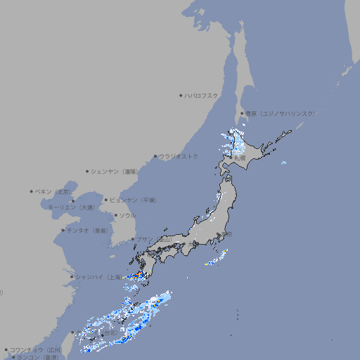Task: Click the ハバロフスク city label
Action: coord(202,96)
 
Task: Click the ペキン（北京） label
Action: coord(53,191)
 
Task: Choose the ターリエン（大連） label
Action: coord(70,207)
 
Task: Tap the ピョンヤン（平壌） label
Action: coord(134,200)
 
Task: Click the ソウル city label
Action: coord(127,215)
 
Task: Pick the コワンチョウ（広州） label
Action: coord(35,349)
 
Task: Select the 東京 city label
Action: coord(225,235)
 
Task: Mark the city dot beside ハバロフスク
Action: coord(181,96)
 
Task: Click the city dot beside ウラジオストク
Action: coord(155,156)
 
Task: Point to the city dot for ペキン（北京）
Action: coord(32,191)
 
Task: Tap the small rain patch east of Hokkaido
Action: coord(283,163)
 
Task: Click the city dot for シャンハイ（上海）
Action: coord(72,277)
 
